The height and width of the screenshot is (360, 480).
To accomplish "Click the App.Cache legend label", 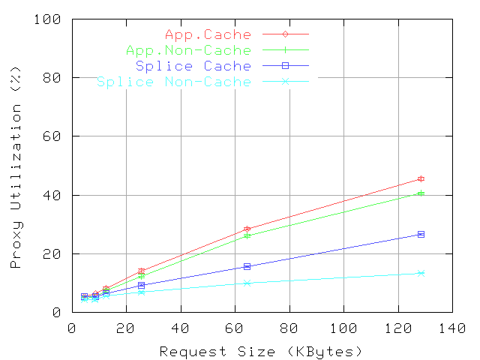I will click(208, 34).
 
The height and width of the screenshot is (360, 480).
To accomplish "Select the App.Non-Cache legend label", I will click(188, 50).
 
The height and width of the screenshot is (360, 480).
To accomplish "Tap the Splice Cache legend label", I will click(193, 66).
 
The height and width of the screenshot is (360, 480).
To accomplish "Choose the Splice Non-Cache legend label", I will click(174, 82).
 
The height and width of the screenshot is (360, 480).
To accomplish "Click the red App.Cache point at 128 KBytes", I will click(421, 178).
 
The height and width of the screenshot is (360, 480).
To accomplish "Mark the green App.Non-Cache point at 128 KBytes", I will click(421, 193).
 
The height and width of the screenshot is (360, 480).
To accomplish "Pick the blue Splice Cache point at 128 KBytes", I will click(421, 234).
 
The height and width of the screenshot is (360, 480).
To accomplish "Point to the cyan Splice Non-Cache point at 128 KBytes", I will click(421, 273).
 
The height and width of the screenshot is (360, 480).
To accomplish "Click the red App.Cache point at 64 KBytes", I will click(247, 229).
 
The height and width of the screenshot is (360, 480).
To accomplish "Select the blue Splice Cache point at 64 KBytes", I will click(247, 266).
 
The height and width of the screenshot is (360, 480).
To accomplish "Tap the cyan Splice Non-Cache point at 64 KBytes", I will click(247, 283).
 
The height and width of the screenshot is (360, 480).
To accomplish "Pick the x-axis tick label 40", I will click(181, 328).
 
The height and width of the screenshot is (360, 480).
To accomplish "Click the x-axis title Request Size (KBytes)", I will click(261, 351).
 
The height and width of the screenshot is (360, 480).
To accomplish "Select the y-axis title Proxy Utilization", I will click(16, 174).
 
